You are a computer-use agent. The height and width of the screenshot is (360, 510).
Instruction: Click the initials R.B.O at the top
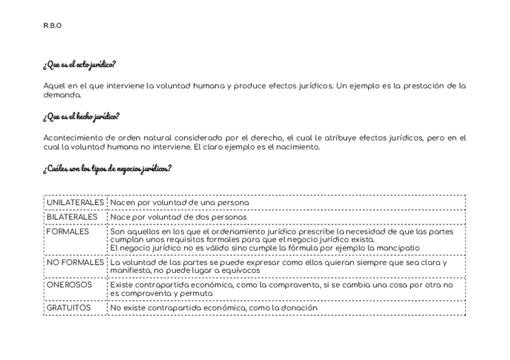pyautogui.click(x=52, y=25)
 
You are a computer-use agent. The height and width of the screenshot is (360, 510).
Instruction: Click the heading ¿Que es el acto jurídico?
pyautogui.click(x=79, y=64)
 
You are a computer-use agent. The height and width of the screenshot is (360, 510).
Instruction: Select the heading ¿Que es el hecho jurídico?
pyautogui.click(x=81, y=116)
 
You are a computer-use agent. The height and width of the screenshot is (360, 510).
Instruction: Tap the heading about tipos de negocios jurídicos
pyautogui.click(x=107, y=168)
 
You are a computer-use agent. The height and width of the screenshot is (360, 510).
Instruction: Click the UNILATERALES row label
pyautogui.click(x=75, y=203)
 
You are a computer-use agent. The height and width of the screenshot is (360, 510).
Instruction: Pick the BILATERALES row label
pyautogui.click(x=72, y=217)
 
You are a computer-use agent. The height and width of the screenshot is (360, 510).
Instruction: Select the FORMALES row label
pyautogui.click(x=67, y=231)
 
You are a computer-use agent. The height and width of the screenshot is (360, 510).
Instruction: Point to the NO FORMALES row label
pyautogui.click(x=75, y=262)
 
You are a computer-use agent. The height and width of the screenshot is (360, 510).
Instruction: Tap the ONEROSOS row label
pyautogui.click(x=69, y=285)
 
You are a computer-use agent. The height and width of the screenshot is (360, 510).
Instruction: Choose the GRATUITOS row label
pyautogui.click(x=69, y=308)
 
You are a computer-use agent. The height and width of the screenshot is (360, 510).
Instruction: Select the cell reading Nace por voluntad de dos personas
pyautogui.click(x=178, y=217)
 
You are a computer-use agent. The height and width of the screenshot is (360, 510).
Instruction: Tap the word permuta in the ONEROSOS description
pyautogui.click(x=198, y=293)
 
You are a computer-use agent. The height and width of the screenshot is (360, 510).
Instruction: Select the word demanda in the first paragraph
pyautogui.click(x=61, y=95)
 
